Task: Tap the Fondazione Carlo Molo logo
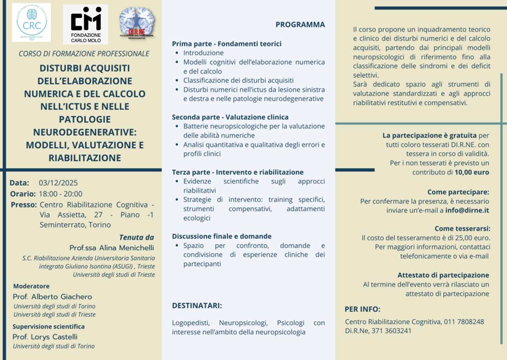(x=85, y=24)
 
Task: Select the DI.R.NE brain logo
(x=137, y=24)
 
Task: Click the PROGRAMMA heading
(x=300, y=25)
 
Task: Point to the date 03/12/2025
(x=58, y=183)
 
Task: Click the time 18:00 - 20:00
(x=60, y=194)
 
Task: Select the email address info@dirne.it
(x=468, y=211)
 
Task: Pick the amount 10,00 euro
(x=472, y=172)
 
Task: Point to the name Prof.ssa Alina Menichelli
(x=111, y=248)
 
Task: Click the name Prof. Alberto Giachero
(x=52, y=297)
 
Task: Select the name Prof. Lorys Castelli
(x=45, y=337)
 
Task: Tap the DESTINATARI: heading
(x=197, y=306)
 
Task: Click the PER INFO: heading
(x=362, y=309)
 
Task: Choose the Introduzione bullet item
(x=203, y=53)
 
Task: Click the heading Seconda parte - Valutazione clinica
(x=230, y=117)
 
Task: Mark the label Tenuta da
(x=136, y=237)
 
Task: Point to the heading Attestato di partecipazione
(x=443, y=275)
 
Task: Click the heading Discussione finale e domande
(x=222, y=236)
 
